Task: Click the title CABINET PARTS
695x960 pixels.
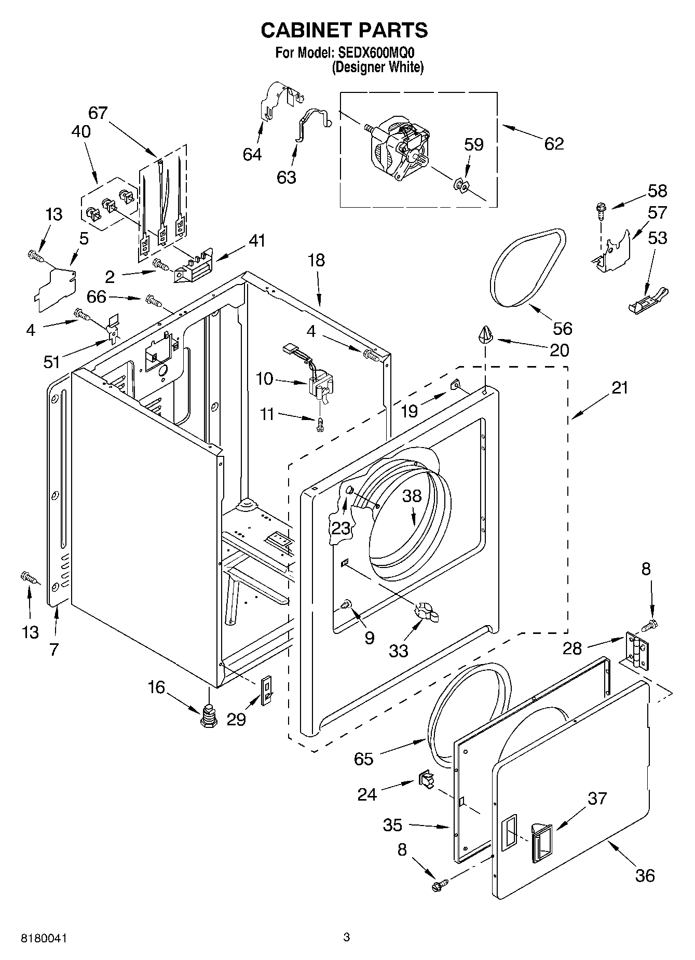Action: [x=344, y=31]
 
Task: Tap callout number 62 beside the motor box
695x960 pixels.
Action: [x=553, y=144]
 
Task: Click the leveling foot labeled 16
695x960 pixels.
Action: [x=209, y=716]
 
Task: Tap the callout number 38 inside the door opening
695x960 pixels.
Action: [x=412, y=496]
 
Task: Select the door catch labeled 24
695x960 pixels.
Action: [x=426, y=779]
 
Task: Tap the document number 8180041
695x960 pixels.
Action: [x=44, y=938]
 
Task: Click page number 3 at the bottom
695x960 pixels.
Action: [x=347, y=937]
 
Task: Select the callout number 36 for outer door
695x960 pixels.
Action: [x=645, y=876]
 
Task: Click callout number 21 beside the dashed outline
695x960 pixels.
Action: [x=619, y=388]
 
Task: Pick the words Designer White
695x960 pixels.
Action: [x=378, y=67]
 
